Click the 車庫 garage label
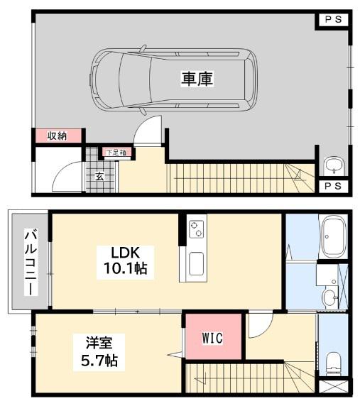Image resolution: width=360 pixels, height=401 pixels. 197,79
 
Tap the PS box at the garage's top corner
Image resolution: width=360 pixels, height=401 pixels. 334,19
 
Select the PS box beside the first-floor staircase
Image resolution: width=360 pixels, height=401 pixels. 333,186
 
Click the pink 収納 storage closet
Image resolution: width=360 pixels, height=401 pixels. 58,136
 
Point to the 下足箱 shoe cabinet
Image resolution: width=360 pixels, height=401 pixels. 116,153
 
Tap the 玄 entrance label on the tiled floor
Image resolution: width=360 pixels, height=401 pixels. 100,176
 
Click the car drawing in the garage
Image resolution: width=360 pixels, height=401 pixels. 173,79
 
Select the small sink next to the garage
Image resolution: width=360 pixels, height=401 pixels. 334,165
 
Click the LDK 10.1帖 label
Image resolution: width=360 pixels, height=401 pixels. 125,261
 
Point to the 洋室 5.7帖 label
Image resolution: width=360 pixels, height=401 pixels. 99,351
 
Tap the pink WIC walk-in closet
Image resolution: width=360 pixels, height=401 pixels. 213,336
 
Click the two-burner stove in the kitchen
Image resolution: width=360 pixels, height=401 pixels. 196,229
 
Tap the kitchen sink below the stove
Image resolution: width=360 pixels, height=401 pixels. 196,264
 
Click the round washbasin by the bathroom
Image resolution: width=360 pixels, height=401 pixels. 330,297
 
